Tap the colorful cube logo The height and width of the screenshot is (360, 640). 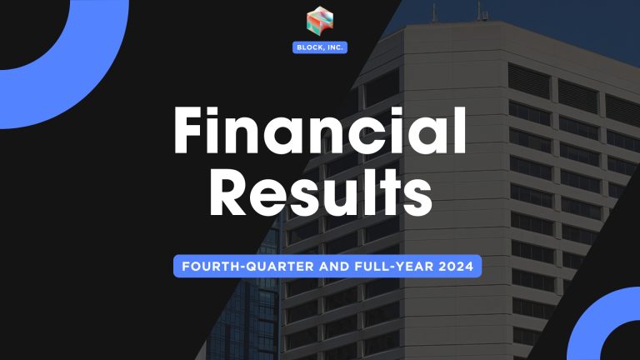coord(320,22)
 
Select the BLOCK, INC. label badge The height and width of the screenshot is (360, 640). coord(320,47)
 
